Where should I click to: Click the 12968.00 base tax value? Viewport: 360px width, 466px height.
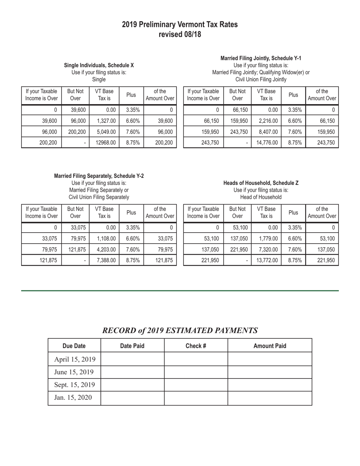tap(106, 143)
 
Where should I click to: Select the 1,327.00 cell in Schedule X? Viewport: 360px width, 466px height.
tap(106, 121)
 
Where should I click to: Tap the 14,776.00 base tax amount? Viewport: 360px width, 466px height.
tap(268, 143)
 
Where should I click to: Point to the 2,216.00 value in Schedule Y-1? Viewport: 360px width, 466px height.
tap(268, 121)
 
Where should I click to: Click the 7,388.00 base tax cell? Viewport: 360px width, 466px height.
tap(106, 260)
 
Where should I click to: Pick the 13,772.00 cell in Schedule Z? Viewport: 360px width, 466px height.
tap(268, 260)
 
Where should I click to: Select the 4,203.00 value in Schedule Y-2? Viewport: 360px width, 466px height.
tap(106, 249)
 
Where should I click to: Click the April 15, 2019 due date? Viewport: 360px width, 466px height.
tap(75, 359)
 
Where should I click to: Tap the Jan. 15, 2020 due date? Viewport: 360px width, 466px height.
tap(73, 397)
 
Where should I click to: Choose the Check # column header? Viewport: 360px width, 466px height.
tap(196, 346)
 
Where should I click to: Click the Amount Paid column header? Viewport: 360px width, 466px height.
tap(269, 346)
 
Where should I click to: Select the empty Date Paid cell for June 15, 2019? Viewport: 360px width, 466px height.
tap(132, 372)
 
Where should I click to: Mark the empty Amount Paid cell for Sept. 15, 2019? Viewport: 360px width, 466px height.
tap(269, 385)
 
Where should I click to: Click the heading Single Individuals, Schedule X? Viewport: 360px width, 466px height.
tap(99, 65)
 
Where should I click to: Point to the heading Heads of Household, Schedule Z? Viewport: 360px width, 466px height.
tap(261, 183)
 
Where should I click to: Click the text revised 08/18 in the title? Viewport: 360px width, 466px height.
tap(180, 34)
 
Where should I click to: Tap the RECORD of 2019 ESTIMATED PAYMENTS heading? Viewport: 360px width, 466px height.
tap(180, 330)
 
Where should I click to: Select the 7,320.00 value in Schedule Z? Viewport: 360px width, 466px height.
tap(268, 249)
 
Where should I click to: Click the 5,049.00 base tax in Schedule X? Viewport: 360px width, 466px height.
tap(106, 132)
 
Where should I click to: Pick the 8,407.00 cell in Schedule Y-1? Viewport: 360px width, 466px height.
tap(268, 132)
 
